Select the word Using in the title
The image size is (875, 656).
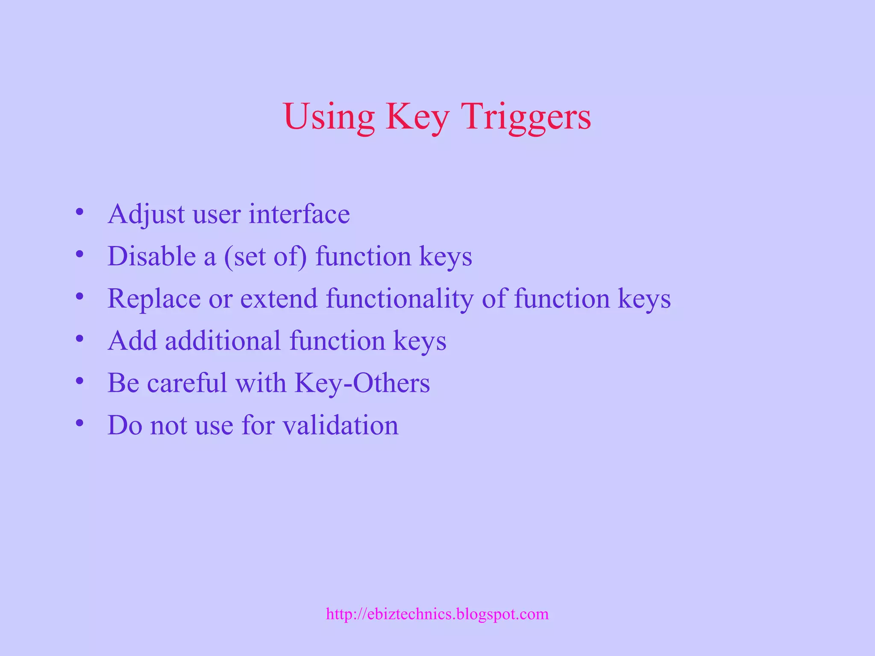click(x=329, y=117)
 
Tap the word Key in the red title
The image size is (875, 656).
click(x=417, y=117)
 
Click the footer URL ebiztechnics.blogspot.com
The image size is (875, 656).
click(x=437, y=614)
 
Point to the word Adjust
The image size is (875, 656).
click(x=146, y=214)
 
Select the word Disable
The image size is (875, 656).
click(x=151, y=256)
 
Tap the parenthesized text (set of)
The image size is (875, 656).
click(x=265, y=257)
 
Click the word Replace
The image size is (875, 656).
click(x=154, y=299)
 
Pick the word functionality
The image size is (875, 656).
click(x=400, y=299)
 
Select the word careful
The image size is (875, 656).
click(x=187, y=383)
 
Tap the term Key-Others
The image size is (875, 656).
click(x=362, y=383)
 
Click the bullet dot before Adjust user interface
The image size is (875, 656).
click(x=79, y=212)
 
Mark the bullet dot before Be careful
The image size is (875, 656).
click(x=79, y=381)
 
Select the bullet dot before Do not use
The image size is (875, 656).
click(x=79, y=423)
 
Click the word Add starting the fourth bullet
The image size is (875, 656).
click(x=132, y=341)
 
